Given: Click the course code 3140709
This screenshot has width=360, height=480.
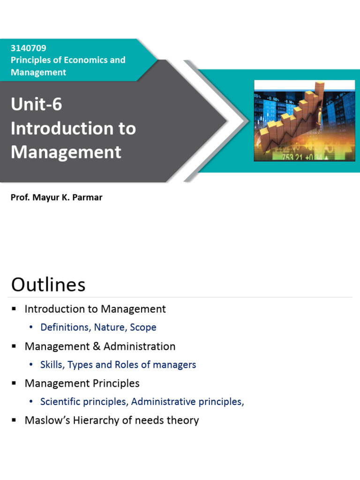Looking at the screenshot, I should [x=29, y=48].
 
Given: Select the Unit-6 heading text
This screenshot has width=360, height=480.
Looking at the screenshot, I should [x=36, y=105].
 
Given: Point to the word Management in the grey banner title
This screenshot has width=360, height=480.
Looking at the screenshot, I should [x=66, y=152].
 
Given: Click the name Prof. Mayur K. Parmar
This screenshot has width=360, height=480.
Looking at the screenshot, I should [x=56, y=197].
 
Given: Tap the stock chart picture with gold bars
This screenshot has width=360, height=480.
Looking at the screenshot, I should [x=304, y=120].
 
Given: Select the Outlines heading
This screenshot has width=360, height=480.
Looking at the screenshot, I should [x=48, y=284].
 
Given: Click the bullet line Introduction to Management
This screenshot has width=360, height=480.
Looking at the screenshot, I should [x=95, y=309].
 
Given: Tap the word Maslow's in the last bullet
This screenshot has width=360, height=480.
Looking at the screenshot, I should [x=47, y=420].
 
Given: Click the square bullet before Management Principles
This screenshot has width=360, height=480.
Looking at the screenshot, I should [x=14, y=383].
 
